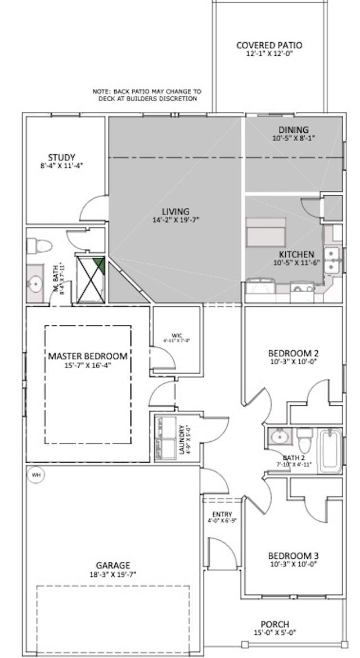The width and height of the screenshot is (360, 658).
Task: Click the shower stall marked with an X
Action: [x=90, y=279]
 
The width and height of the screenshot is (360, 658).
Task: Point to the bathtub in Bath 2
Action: [x=329, y=451]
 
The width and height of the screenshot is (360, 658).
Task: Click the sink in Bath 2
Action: [x=277, y=436]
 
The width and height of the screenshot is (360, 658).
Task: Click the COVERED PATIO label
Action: [x=269, y=45]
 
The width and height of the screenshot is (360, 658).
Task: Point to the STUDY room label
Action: [x=61, y=158]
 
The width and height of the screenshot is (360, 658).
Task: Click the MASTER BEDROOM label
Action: [x=87, y=356]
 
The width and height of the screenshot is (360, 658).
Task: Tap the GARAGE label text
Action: [x=112, y=565]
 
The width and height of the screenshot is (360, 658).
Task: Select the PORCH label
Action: [x=274, y=624]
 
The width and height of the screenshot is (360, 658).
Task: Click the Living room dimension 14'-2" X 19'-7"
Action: [x=175, y=220]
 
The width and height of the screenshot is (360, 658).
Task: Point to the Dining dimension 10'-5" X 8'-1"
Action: [x=293, y=138]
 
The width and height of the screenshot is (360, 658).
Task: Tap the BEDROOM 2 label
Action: [x=293, y=353]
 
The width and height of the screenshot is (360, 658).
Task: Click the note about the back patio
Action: [x=147, y=95]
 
